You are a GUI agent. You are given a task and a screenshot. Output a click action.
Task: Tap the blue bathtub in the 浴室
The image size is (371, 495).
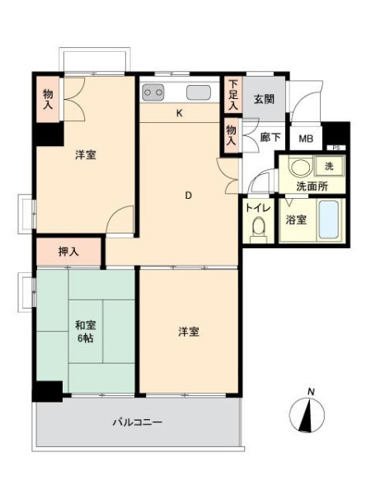tap(329, 219)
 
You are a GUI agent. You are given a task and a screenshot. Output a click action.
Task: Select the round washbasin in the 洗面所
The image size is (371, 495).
tap(298, 167)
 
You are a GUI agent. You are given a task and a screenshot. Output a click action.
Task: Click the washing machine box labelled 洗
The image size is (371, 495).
tap(329, 166)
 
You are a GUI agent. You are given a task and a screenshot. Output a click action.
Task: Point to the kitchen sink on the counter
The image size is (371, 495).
tap(199, 92)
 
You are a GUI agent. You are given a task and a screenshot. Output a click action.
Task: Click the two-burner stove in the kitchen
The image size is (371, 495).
tap(153, 92)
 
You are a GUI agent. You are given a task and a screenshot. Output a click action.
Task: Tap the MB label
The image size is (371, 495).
tap(306, 139)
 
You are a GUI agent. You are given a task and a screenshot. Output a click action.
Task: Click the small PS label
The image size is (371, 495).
tap(336, 148)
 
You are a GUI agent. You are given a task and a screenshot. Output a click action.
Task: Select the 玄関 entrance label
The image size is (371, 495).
tap(264, 100)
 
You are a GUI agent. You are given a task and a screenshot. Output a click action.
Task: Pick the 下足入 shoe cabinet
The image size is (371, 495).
tap(233, 94)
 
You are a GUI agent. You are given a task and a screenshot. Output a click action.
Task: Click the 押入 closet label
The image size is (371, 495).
tap(68, 252)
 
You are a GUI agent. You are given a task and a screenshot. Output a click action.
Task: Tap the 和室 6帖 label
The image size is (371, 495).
tap(86, 332)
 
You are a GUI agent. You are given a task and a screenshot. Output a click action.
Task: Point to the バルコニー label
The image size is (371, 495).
tap(138, 422)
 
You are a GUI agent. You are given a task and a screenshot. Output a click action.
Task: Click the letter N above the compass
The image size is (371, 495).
tap(311, 392)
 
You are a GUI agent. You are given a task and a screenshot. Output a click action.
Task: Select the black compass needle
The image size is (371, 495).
tap(306, 416)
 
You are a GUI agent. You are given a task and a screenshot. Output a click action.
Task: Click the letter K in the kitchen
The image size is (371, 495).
tap(179, 113)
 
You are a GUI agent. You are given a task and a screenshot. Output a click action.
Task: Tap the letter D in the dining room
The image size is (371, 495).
tap(188, 196)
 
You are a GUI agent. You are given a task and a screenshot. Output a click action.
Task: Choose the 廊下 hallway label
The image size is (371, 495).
tap(270, 137)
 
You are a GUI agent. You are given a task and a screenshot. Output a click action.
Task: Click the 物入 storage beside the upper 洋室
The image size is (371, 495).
tap(48, 99)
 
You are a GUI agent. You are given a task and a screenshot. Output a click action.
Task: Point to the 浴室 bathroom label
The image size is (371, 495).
tap(296, 219)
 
